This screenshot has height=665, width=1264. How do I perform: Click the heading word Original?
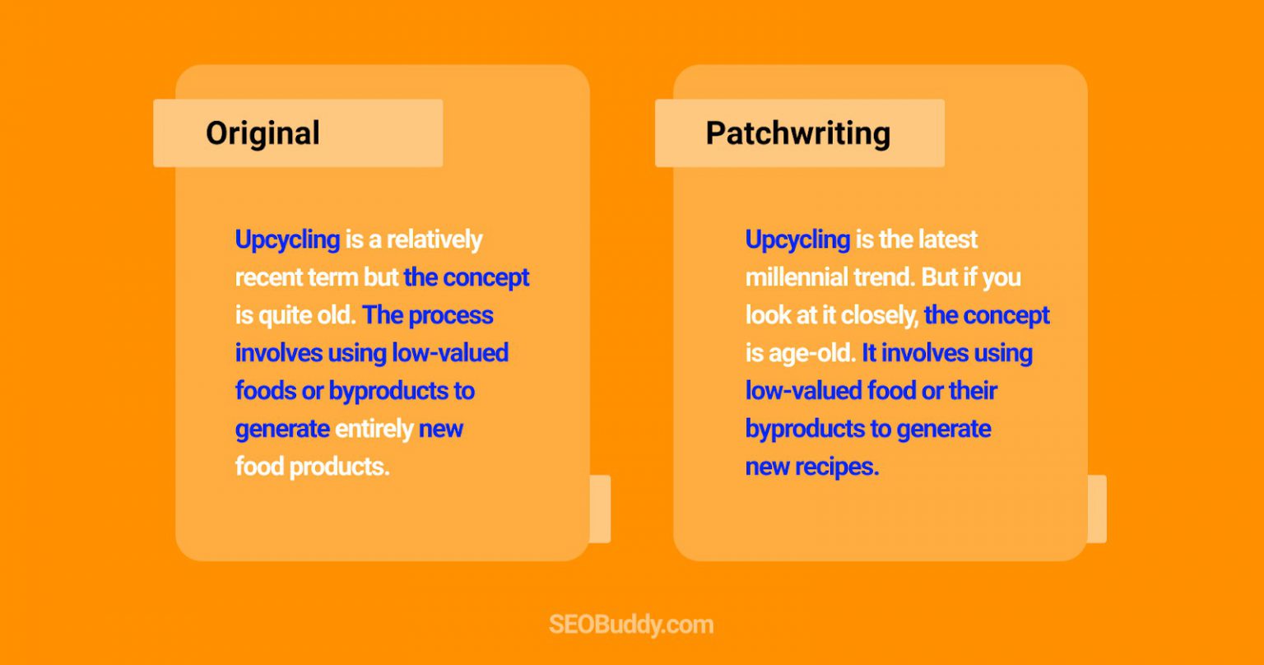[263, 133]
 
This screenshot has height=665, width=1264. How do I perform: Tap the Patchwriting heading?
[797, 133]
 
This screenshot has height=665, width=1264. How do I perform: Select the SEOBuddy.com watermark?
[631, 625]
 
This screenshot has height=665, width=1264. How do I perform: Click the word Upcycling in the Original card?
[287, 239]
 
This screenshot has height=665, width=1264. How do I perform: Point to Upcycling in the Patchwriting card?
[797, 239]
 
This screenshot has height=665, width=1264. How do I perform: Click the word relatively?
[434, 239]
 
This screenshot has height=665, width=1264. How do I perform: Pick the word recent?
[267, 277]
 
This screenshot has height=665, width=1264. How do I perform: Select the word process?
[451, 315]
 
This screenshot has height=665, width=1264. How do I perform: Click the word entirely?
[374, 429]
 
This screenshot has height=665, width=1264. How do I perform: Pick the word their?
[973, 391]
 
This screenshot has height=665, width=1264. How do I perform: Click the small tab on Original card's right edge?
[600, 509]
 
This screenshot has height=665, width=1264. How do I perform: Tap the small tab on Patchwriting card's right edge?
[1097, 509]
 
